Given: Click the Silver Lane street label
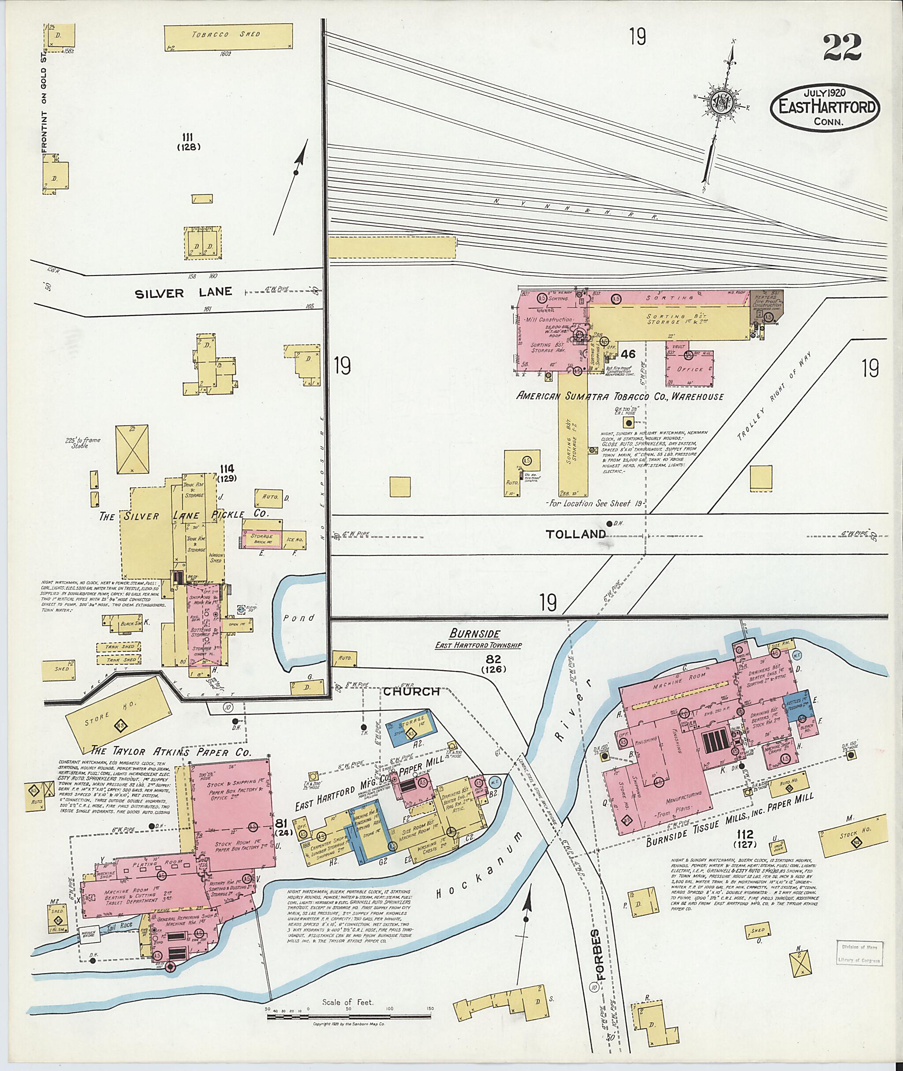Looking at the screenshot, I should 183,292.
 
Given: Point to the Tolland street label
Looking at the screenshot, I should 575,534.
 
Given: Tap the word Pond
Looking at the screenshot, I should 300,617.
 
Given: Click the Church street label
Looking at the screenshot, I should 411,691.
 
